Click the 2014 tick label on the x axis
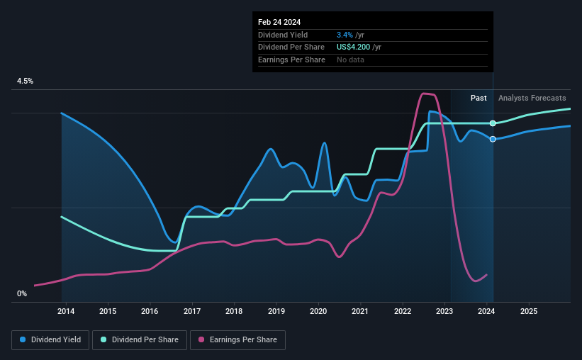(x=66, y=311)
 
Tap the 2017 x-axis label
(x=191, y=311)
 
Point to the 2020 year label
(x=318, y=311)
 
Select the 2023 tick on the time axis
(x=444, y=311)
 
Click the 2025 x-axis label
(x=528, y=311)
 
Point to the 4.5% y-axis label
(x=25, y=81)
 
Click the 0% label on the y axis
(x=22, y=293)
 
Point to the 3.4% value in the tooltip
(x=345, y=35)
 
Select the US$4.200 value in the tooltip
(x=359, y=47)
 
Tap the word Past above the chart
(x=479, y=98)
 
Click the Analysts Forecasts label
(x=532, y=98)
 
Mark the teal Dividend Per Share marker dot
(x=493, y=123)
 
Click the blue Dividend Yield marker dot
(x=493, y=139)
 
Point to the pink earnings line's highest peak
(x=425, y=94)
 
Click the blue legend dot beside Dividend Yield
(x=23, y=340)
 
